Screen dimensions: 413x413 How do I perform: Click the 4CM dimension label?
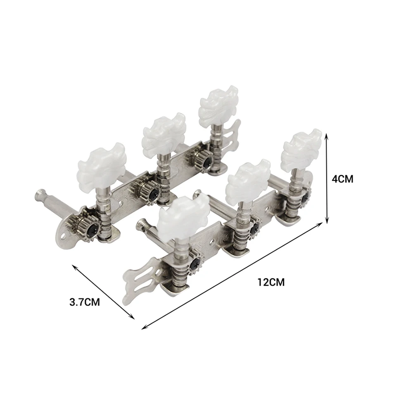342,179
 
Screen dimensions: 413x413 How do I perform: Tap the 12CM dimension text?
271,282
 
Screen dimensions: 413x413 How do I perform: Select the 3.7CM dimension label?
85,302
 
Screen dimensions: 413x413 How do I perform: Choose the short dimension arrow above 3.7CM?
103,292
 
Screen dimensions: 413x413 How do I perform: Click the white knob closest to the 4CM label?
301,147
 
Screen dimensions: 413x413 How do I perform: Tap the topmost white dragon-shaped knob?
218,104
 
